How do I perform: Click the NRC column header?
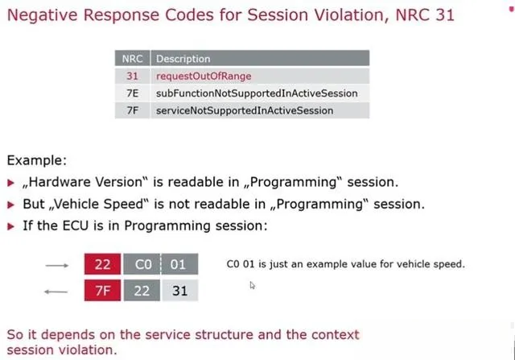coord(132,59)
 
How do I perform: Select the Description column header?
coord(260,59)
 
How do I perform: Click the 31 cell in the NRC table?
coord(132,76)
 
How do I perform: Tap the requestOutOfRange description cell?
coord(204,76)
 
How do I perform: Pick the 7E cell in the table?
coord(132,93)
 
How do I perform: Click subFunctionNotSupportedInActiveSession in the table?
coord(257,93)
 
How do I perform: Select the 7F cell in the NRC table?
coord(132,110)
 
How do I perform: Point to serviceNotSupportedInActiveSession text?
coord(245,110)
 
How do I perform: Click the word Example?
coord(36,160)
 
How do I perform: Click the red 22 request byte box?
coord(102,264)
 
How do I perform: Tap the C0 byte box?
coord(142,264)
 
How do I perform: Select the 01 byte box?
coord(179,264)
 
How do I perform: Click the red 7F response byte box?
coord(102,290)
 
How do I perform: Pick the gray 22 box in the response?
coord(142,290)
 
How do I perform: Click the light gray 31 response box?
coord(180,290)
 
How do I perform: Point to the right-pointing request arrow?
coord(57,265)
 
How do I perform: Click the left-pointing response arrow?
coord(56,292)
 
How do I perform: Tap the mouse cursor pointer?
coord(252,285)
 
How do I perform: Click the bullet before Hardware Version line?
coord(10,183)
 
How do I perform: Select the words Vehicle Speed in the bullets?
coord(98,205)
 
